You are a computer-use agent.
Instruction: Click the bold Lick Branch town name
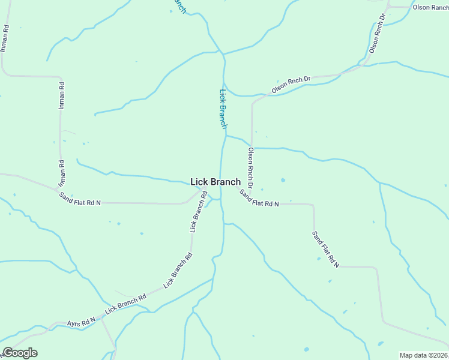pyautogui.click(x=215, y=182)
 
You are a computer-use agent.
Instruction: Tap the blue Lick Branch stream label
pyautogui.click(x=223, y=109)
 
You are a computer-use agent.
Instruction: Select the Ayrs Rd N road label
pyautogui.click(x=82, y=322)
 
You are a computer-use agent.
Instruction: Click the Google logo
pyautogui.click(x=20, y=353)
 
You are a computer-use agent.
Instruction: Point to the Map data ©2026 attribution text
pyautogui.click(x=424, y=355)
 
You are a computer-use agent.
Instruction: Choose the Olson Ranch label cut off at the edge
pyautogui.click(x=430, y=7)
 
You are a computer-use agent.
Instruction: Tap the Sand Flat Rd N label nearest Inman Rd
pyautogui.click(x=80, y=197)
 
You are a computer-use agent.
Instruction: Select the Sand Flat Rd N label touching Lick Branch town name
pyautogui.click(x=259, y=199)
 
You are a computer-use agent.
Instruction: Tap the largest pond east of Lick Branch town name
pyautogui.click(x=283, y=179)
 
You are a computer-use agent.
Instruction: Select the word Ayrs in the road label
pyautogui.click(x=74, y=323)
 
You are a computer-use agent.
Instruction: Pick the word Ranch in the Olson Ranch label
pyautogui.click(x=439, y=7)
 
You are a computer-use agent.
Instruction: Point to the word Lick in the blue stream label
pyautogui.click(x=221, y=95)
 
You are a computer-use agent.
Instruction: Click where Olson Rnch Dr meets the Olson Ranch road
pyautogui.click(x=388, y=7)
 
